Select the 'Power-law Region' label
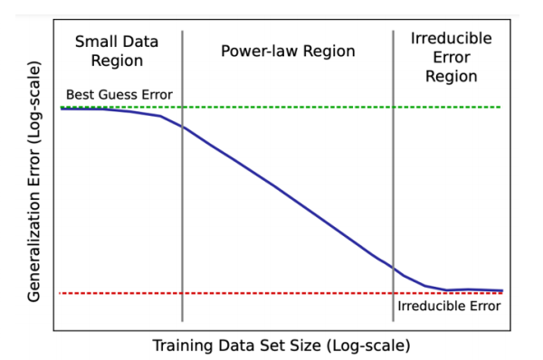click(x=288, y=51)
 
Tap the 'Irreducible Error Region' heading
click(x=451, y=57)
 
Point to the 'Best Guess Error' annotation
click(x=119, y=95)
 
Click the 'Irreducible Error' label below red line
click(x=449, y=306)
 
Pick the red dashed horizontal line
click(x=226, y=293)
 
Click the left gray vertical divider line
click(x=183, y=226)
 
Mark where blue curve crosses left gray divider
click(x=183, y=127)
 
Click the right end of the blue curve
click(x=501, y=290)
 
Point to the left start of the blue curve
click(x=62, y=109)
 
